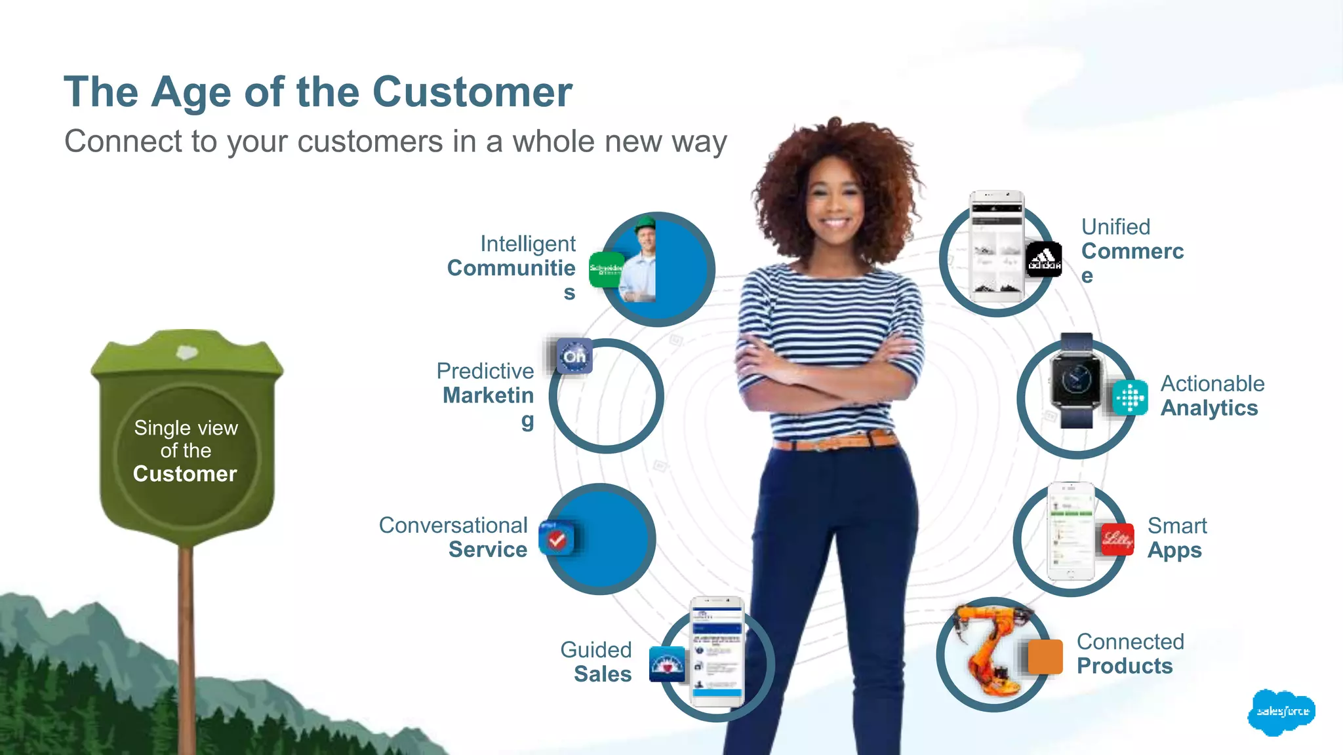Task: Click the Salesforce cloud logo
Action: [1281, 712]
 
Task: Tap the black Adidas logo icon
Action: [1043, 260]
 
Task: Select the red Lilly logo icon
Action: [1117, 539]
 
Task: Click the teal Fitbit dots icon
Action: [1130, 398]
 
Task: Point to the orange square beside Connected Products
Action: [1045, 656]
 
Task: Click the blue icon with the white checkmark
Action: [557, 539]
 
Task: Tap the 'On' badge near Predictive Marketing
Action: [574, 356]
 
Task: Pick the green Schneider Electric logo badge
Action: [605, 269]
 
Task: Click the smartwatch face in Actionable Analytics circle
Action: [1075, 380]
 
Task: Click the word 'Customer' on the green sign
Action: [185, 474]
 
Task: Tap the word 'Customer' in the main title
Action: [472, 92]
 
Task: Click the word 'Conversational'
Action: [453, 525]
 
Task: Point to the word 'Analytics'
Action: [1209, 408]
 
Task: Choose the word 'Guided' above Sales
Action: [595, 649]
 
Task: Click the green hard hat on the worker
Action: [645, 223]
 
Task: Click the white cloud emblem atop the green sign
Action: [187, 353]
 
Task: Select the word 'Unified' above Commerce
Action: [1115, 227]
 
